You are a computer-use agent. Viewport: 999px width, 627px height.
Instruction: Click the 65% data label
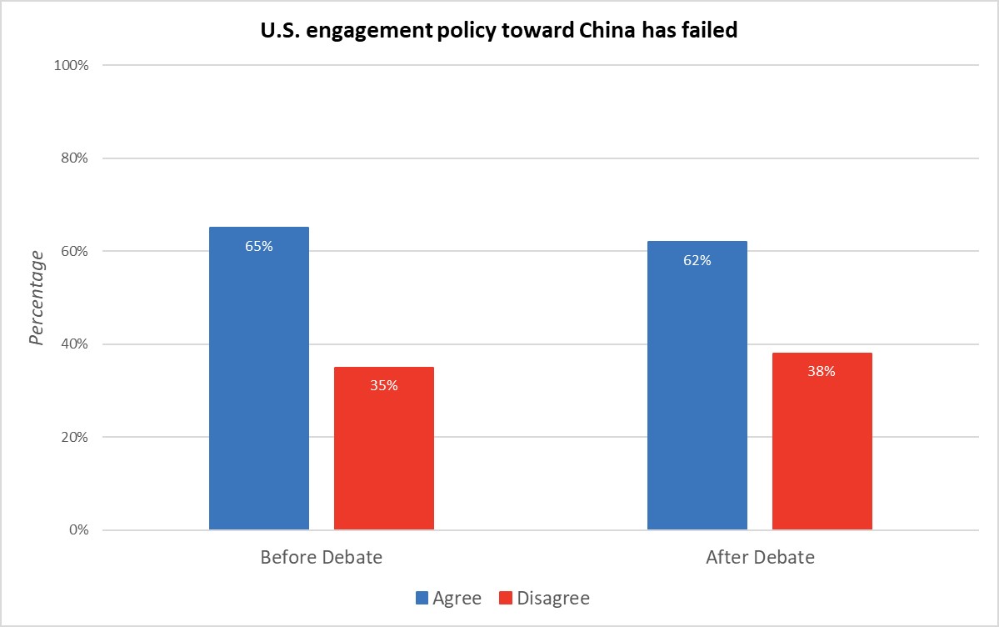pyautogui.click(x=258, y=246)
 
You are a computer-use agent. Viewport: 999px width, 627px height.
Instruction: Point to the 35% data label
pyautogui.click(x=383, y=385)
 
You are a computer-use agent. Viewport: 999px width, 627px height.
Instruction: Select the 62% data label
pyautogui.click(x=697, y=260)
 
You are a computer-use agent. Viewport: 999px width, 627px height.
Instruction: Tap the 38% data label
pyautogui.click(x=822, y=371)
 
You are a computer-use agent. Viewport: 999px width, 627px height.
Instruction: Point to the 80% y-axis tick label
pyautogui.click(x=74, y=158)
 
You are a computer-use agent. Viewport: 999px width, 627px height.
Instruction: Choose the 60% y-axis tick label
pyautogui.click(x=74, y=251)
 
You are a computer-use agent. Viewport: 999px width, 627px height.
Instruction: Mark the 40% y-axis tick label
pyautogui.click(x=74, y=344)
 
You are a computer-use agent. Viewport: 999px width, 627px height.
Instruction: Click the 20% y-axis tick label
pyautogui.click(x=74, y=437)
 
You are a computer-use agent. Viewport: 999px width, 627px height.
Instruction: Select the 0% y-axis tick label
pyautogui.click(x=78, y=530)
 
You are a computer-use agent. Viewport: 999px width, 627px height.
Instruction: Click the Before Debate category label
pyautogui.click(x=321, y=558)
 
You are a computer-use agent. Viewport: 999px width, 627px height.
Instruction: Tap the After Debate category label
pyautogui.click(x=760, y=558)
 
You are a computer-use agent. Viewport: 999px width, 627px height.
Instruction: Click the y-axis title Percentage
pyautogui.click(x=36, y=297)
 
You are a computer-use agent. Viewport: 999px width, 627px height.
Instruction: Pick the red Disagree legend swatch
pyautogui.click(x=505, y=598)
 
